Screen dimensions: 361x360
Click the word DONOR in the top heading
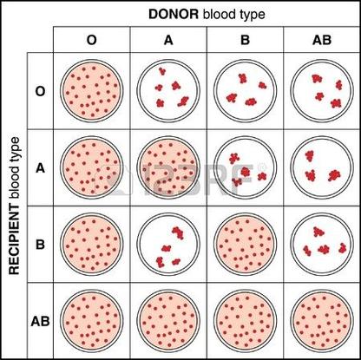[x=174, y=14]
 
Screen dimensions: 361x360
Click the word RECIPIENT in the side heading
[x=14, y=240]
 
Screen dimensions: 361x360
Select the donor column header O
[x=92, y=40]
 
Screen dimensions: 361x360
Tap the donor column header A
[x=168, y=40]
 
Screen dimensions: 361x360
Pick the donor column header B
[x=245, y=40]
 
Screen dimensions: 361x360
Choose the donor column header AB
[x=322, y=40]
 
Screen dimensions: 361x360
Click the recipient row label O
[x=40, y=91]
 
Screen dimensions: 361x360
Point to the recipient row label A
[x=40, y=168]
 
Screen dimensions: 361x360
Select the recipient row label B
[x=40, y=245]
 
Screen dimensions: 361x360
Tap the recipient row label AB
[x=40, y=321]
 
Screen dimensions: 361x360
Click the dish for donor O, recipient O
[x=92, y=91]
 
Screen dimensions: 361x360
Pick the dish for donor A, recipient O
[x=168, y=91]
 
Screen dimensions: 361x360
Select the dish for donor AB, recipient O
[x=322, y=91]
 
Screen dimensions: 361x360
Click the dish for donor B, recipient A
[x=246, y=167]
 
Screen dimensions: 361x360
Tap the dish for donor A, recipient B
[x=168, y=245]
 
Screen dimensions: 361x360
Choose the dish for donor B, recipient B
[x=246, y=245]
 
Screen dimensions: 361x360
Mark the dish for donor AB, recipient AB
[x=322, y=321]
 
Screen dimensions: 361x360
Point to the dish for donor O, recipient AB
[x=92, y=321]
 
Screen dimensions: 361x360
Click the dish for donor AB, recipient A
[x=322, y=167]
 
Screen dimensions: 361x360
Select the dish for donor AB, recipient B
[x=322, y=245]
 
